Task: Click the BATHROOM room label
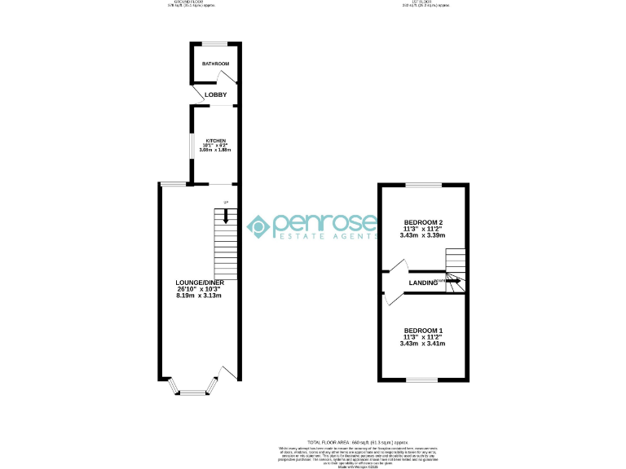(215, 64)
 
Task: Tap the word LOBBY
(216, 95)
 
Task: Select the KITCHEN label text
(215, 140)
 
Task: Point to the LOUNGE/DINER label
(200, 283)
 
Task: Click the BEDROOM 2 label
(423, 222)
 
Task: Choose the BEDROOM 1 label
(423, 330)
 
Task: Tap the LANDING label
(423, 283)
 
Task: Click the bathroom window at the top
(215, 43)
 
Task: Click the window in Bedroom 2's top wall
(424, 185)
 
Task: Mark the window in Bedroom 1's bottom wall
(422, 380)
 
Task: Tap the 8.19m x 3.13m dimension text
(200, 295)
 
